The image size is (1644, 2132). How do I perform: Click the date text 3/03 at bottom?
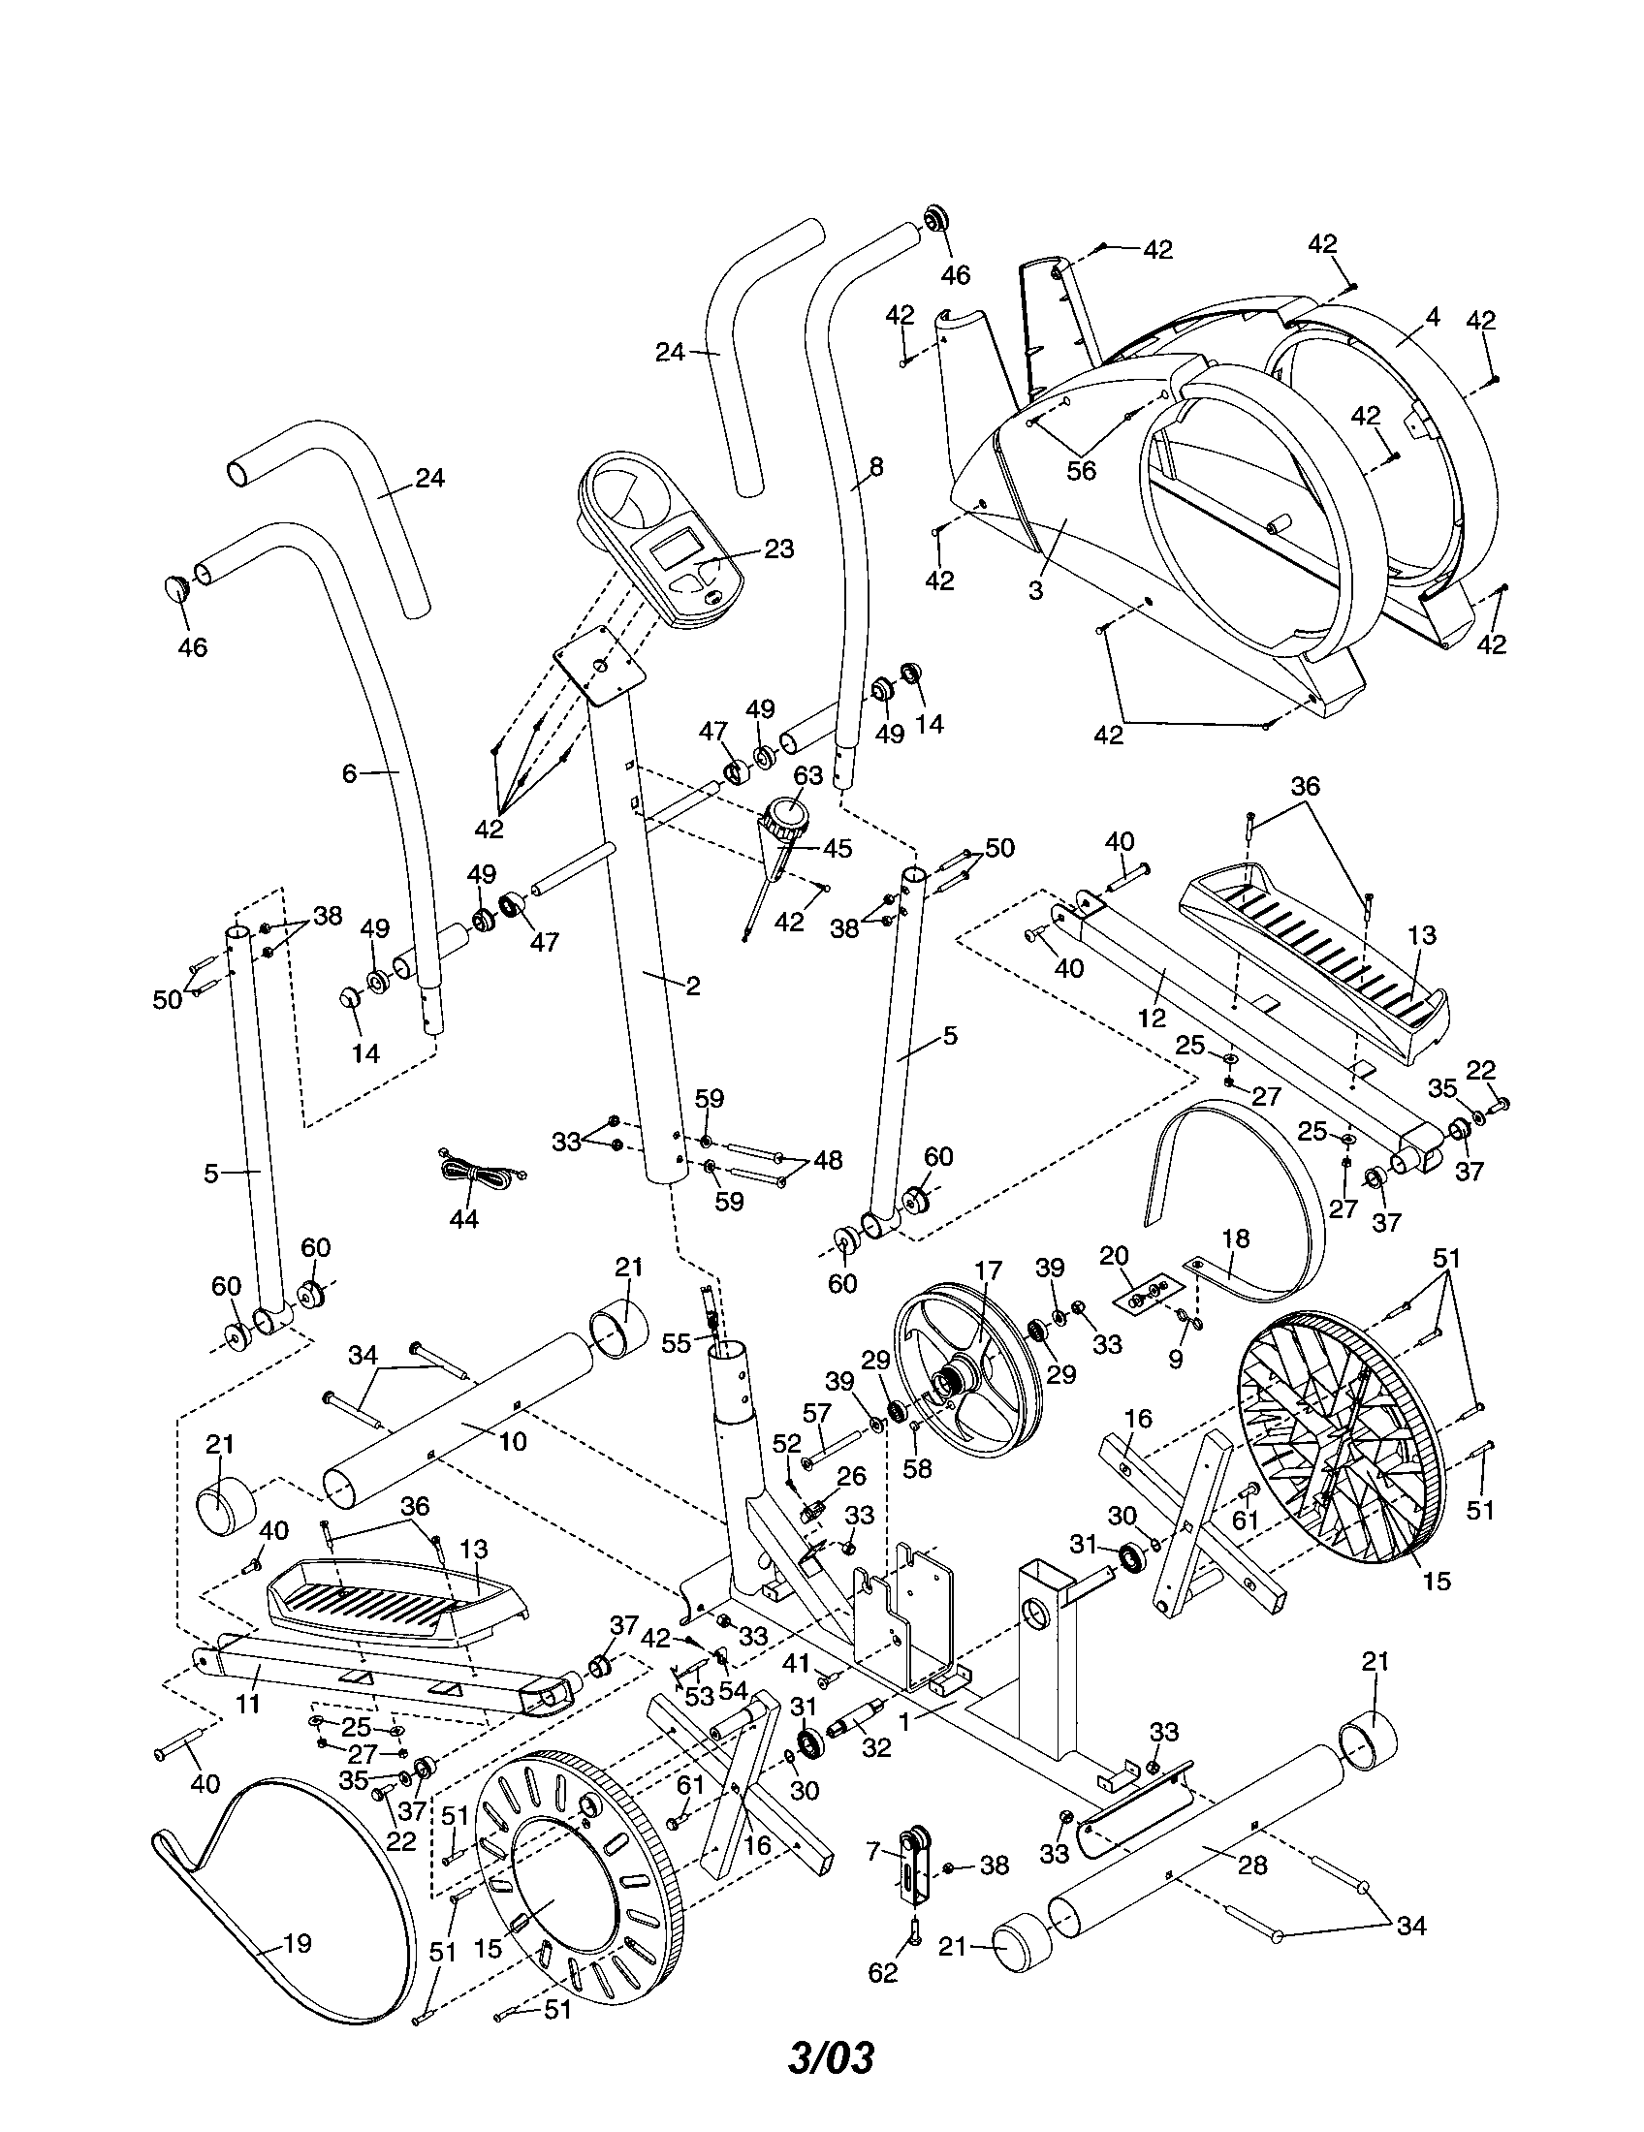[831, 2085]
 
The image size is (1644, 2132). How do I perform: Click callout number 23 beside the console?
[778, 549]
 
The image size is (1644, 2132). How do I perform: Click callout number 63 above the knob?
[807, 776]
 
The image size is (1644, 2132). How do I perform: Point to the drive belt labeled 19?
[293, 1943]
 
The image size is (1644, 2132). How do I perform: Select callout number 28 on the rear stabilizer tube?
[1251, 1865]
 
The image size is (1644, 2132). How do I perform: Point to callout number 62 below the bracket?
[882, 1973]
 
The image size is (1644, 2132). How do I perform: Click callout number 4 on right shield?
[1432, 316]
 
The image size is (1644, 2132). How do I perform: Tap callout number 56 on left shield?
[1082, 471]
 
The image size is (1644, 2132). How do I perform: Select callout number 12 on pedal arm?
[1152, 1018]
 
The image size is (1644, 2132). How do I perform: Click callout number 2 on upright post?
[693, 986]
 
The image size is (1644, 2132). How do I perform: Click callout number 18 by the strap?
[1235, 1238]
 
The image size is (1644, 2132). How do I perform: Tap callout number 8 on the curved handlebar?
[875, 468]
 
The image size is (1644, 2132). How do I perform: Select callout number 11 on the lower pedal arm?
[248, 1705]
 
